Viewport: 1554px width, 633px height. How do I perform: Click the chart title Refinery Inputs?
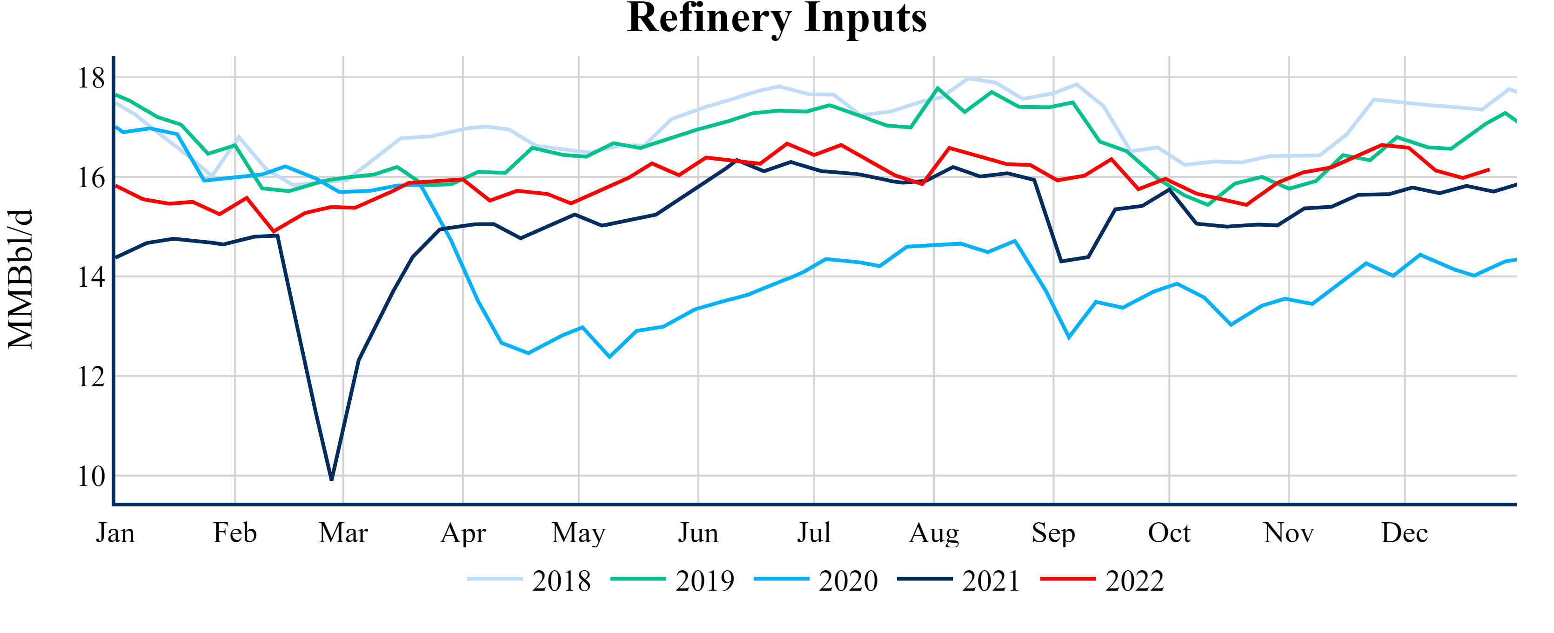coord(777,18)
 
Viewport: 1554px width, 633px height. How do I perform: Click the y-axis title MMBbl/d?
coord(20,279)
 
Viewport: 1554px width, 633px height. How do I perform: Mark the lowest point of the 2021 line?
coord(332,479)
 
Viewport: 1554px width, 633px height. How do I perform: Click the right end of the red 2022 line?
coord(1489,169)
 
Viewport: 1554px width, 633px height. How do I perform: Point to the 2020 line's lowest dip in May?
coord(610,357)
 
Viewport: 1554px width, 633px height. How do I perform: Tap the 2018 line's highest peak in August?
coord(968,79)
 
